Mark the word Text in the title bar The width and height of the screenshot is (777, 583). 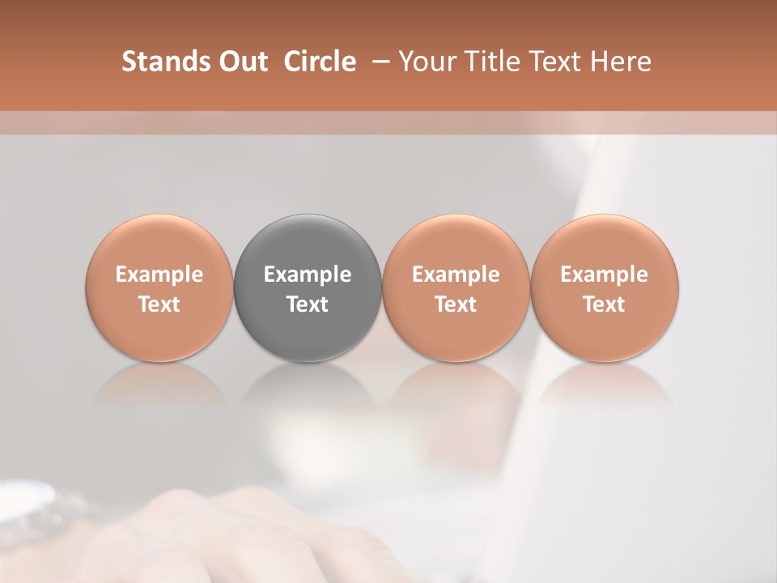553,62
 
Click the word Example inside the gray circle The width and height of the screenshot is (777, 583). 308,274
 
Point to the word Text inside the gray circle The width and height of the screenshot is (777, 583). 308,304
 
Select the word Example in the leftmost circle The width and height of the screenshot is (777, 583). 159,274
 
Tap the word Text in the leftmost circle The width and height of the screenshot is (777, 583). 159,304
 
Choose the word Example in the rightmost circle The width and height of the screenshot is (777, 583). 605,274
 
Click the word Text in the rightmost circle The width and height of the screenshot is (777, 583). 605,304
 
